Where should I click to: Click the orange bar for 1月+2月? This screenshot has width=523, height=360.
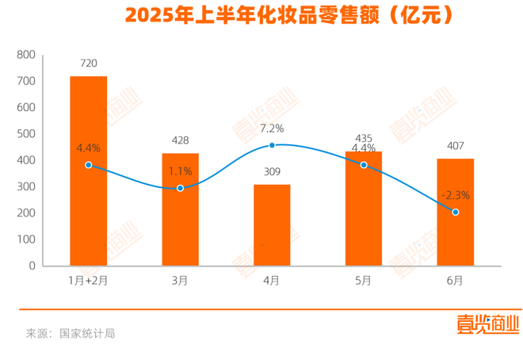tap(89, 170)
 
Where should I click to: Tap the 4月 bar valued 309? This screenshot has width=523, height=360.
tap(272, 225)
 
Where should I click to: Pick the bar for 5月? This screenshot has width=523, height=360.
tap(364, 209)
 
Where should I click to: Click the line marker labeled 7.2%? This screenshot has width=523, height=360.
tap(272, 145)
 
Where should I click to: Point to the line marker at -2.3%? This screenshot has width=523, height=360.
tap(456, 212)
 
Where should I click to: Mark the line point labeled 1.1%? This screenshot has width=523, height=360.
tap(180, 188)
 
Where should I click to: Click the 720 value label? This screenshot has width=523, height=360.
tap(89, 61)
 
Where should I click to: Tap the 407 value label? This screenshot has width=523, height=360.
tap(456, 145)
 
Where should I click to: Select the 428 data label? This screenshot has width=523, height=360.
tap(180, 140)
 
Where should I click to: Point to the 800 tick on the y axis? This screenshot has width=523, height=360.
tap(26, 55)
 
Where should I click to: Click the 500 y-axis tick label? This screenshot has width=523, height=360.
tap(26, 134)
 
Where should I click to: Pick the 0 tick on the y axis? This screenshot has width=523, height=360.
tap(32, 266)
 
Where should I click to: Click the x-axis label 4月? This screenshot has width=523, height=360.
tap(272, 280)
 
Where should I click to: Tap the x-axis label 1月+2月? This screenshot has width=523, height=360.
tap(88, 280)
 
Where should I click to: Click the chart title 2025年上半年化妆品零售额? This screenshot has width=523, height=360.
tap(261, 15)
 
